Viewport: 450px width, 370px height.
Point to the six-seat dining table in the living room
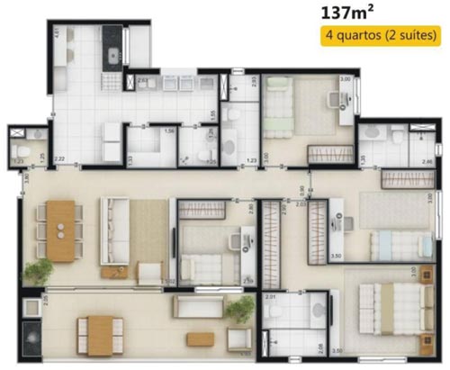(62, 230)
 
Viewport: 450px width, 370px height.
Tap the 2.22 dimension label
(58, 159)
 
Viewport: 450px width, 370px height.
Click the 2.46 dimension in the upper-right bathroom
(427, 161)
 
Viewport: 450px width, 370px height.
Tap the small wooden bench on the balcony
(200, 338)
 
